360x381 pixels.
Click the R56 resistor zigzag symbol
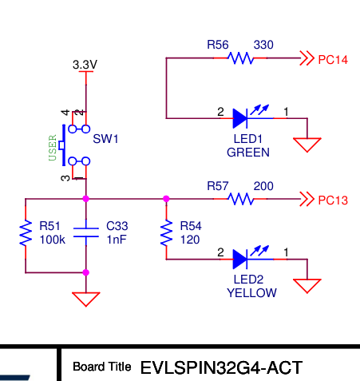click(240, 58)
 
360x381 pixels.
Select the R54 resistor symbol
click(166, 234)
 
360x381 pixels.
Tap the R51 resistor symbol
click(26, 234)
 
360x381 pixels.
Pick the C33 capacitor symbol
click(85, 232)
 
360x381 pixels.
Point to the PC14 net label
click(333, 59)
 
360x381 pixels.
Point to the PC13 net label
click(333, 200)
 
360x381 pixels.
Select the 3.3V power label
click(85, 64)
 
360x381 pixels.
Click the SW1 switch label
click(105, 139)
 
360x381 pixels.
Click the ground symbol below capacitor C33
click(85, 299)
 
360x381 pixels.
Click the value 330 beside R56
click(263, 45)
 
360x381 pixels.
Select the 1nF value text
click(117, 240)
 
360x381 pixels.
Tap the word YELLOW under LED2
click(251, 293)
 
